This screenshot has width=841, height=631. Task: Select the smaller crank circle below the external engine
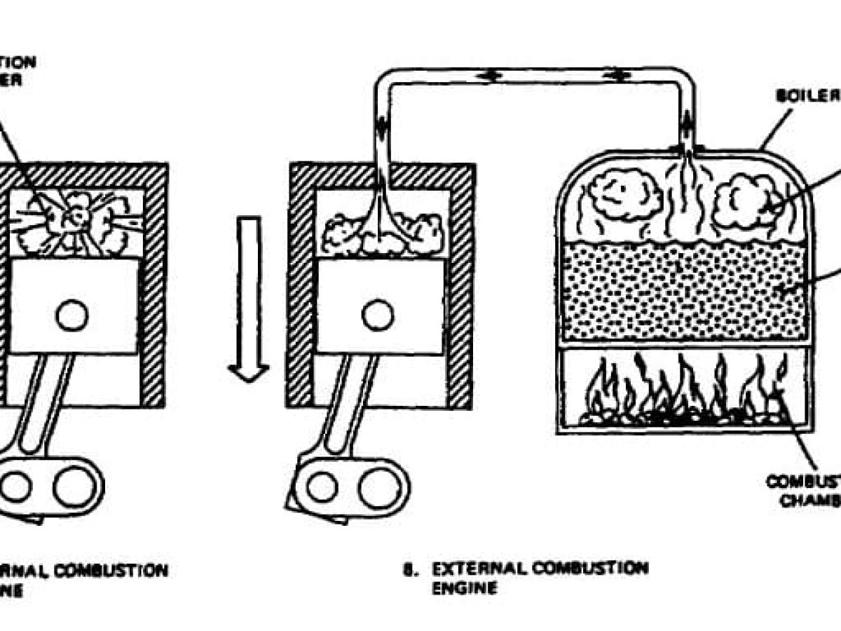tap(322, 486)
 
